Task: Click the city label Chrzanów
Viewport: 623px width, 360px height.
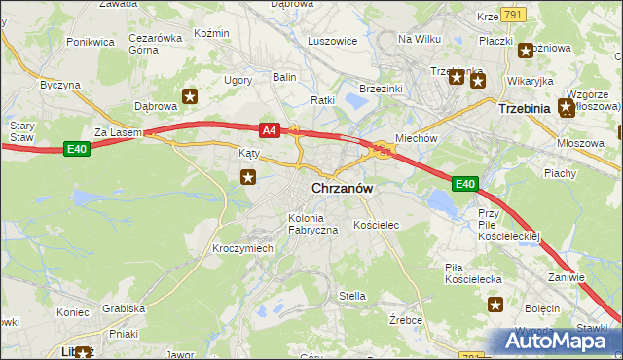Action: point(343,188)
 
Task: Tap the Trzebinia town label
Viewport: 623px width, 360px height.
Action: point(524,109)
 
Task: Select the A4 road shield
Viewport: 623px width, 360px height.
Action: point(271,129)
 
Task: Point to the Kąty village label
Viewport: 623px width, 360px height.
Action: point(249,154)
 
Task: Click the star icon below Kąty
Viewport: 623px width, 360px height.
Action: point(249,176)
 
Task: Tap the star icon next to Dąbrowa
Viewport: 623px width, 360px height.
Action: point(190,95)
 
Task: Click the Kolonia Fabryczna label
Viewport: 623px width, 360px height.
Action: point(312,223)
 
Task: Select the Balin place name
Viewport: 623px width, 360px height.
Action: point(283,76)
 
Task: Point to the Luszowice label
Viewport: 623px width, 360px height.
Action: point(332,42)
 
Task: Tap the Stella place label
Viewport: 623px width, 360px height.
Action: point(351,296)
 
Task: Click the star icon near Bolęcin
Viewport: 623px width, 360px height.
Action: point(495,306)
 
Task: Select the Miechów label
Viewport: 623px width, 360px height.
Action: point(416,138)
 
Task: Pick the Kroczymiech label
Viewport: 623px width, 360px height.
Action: point(242,248)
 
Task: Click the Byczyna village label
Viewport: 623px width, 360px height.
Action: point(59,86)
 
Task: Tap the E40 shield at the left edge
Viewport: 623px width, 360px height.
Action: point(78,148)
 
